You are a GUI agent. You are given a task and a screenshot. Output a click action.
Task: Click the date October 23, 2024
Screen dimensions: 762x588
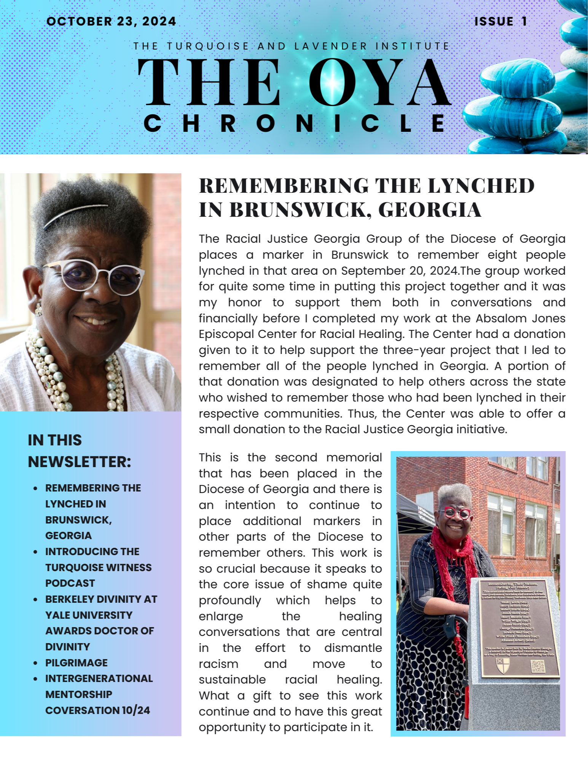click(111, 21)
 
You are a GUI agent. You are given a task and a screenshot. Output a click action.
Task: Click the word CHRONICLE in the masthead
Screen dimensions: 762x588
click(295, 123)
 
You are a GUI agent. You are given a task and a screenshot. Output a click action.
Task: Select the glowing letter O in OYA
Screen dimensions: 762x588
click(333, 82)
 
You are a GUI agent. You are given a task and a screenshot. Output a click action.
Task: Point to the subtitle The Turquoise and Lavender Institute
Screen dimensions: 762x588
click(292, 46)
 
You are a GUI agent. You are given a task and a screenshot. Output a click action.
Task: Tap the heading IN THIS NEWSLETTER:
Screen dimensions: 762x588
click(80, 451)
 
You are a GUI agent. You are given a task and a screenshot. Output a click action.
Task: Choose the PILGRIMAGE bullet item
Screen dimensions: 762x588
click(76, 663)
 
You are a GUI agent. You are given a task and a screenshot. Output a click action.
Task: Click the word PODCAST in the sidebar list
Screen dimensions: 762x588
click(70, 583)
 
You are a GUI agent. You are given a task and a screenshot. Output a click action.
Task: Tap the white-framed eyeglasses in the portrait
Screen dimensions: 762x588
click(93, 276)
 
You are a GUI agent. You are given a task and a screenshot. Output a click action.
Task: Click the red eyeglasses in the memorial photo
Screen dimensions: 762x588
click(455, 513)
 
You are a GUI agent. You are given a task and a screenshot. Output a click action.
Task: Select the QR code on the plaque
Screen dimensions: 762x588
click(538, 666)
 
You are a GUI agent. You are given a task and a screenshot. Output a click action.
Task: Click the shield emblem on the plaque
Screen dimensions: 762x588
click(502, 665)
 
